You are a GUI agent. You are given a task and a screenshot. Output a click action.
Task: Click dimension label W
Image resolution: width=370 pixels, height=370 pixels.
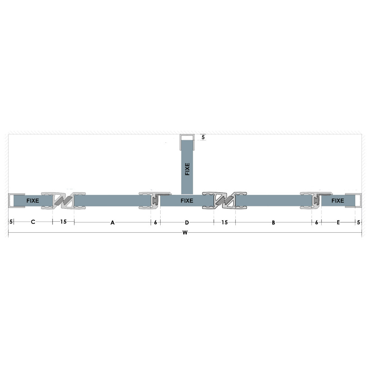(185, 233)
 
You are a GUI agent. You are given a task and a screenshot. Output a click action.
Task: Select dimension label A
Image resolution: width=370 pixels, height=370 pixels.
(112, 222)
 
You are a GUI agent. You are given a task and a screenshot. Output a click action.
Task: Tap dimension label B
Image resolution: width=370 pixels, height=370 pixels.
(273, 222)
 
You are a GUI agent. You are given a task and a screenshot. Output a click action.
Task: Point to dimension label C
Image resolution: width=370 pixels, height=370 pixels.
(33, 222)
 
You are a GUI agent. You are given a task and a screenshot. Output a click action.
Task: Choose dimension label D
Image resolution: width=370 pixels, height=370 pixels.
(187, 222)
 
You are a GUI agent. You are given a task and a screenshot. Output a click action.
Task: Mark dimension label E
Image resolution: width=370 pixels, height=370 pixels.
(338, 222)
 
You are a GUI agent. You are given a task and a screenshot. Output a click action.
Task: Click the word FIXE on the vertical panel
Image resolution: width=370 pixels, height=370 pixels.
(187, 169)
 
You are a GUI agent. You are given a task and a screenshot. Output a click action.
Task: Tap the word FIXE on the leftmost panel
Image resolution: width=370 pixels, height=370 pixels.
(33, 201)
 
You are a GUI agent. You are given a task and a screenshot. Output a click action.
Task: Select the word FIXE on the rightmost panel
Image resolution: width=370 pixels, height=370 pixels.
(338, 201)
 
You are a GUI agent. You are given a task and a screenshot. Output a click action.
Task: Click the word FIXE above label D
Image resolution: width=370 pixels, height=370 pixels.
(187, 201)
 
